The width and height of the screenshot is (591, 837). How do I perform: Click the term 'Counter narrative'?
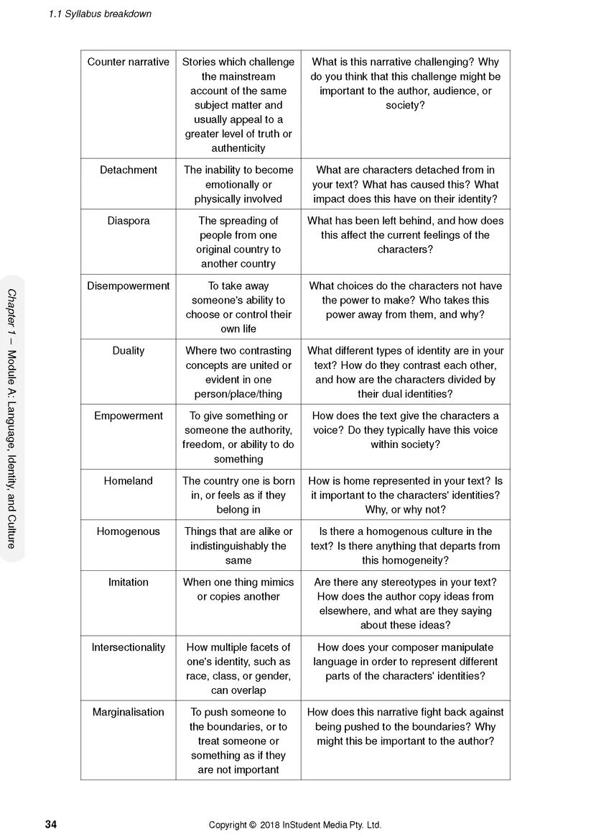click(128, 62)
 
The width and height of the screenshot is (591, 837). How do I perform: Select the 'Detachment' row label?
click(128, 170)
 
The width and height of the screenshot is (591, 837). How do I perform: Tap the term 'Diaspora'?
click(128, 221)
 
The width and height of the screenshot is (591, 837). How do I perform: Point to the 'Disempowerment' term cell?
click(128, 285)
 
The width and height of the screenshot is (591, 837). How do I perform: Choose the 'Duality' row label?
click(128, 350)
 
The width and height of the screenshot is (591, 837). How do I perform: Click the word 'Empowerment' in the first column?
click(128, 416)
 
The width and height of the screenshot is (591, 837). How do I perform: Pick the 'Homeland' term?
click(128, 480)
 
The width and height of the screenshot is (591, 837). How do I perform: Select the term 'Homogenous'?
click(128, 531)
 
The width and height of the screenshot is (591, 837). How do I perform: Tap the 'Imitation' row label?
click(128, 582)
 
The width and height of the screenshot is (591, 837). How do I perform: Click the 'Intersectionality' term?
click(128, 647)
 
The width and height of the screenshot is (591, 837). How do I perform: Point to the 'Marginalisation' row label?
click(128, 712)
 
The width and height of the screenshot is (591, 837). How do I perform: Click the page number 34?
click(50, 824)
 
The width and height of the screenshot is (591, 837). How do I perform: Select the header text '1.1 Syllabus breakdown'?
click(100, 14)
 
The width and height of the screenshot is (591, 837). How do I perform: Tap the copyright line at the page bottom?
click(295, 825)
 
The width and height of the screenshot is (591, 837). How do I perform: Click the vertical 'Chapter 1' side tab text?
click(12, 418)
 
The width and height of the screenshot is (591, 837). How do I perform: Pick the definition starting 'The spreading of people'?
click(238, 242)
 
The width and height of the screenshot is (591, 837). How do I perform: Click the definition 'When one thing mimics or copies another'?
click(238, 589)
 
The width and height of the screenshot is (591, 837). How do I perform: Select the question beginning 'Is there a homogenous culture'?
click(405, 546)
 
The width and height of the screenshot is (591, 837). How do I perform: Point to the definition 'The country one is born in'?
click(238, 495)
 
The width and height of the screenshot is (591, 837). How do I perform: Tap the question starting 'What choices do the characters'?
click(405, 300)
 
